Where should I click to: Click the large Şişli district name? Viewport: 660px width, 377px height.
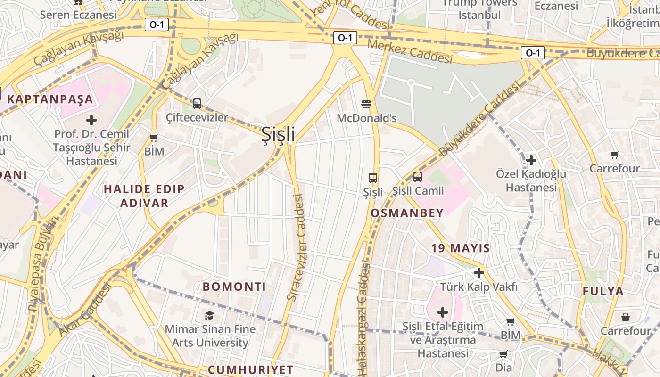[x=278, y=134]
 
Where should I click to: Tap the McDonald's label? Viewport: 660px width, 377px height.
[x=366, y=118]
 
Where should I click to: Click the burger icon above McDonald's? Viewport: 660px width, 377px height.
[x=366, y=104]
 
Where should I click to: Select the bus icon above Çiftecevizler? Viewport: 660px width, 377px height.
[x=197, y=104]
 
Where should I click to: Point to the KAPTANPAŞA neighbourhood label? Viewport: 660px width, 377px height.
[x=50, y=99]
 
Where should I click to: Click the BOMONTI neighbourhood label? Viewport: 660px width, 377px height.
[x=234, y=287]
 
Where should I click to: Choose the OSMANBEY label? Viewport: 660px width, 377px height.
[x=407, y=213]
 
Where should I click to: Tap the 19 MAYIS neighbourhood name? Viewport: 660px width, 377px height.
[x=460, y=248]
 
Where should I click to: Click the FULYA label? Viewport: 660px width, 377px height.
[x=603, y=291]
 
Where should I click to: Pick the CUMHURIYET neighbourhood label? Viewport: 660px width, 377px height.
[x=250, y=369]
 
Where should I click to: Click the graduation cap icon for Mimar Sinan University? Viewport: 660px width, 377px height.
[x=209, y=315]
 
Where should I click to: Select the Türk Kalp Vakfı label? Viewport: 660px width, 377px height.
[x=479, y=287]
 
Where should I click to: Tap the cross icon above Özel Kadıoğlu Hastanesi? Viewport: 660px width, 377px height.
[x=531, y=160]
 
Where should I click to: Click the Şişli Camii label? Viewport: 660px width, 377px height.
[x=418, y=191]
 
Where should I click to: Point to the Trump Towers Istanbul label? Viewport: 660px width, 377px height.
[x=479, y=9]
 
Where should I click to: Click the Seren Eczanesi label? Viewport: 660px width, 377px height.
[x=78, y=15]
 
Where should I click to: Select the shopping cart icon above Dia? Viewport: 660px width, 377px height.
[x=503, y=354]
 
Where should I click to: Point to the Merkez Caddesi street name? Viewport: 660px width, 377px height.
[x=409, y=51]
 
